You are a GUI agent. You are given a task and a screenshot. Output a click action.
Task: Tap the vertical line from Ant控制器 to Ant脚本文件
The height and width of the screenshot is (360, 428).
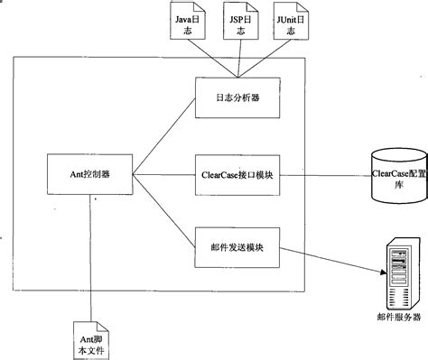[90, 253]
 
